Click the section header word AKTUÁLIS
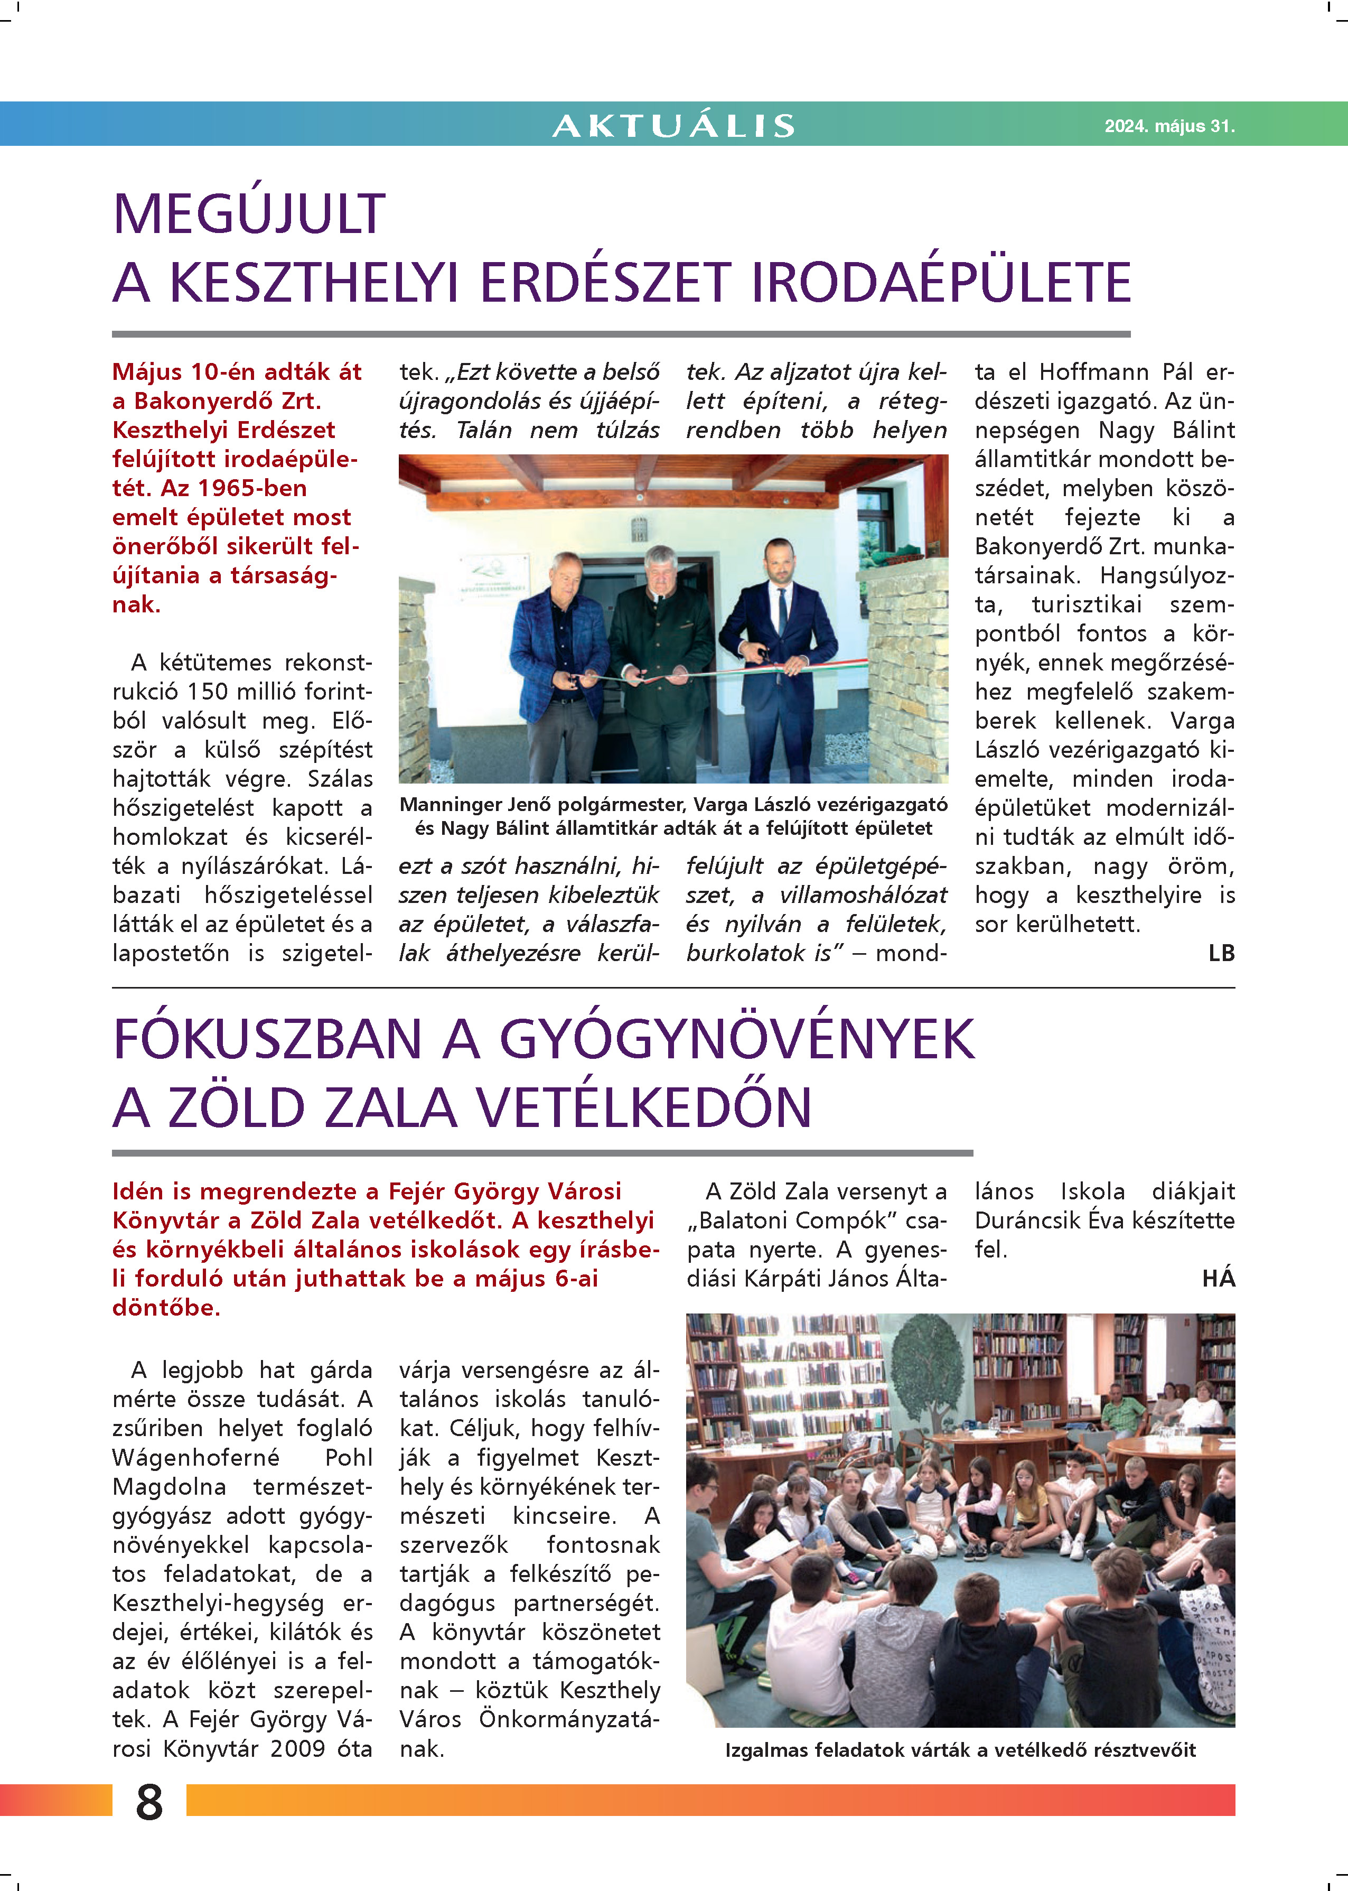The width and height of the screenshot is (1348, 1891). (x=673, y=125)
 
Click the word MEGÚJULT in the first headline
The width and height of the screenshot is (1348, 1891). (x=249, y=214)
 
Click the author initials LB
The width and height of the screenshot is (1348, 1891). (x=1221, y=954)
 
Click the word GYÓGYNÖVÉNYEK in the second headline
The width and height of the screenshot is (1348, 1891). (x=737, y=1039)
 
